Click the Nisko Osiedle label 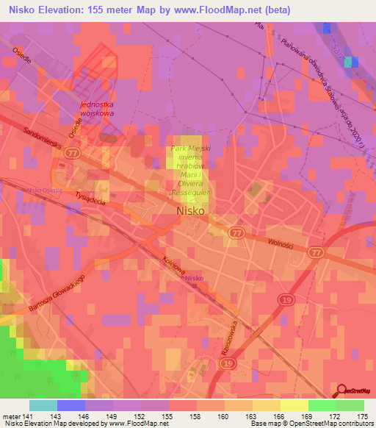42,190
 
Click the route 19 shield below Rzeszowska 230,364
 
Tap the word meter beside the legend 12,415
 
